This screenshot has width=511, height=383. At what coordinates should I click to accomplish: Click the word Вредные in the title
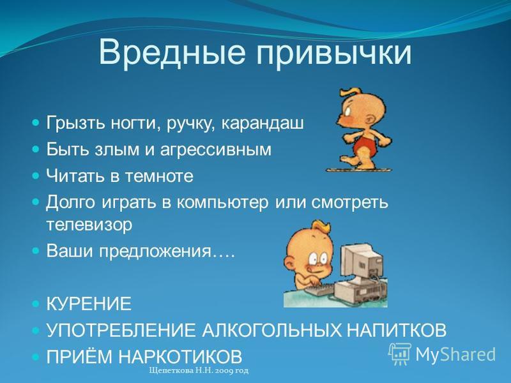[172, 52]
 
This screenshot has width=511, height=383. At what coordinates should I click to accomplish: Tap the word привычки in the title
[334, 53]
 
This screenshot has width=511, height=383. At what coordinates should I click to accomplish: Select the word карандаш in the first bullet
[263, 124]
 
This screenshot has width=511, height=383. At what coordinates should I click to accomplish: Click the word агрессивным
[216, 150]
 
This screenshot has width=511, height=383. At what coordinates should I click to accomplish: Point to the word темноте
[159, 176]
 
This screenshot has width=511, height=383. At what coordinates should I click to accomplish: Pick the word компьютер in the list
[223, 202]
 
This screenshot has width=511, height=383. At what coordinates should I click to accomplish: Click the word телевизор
[89, 225]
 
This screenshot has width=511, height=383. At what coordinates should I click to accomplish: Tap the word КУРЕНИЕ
[89, 304]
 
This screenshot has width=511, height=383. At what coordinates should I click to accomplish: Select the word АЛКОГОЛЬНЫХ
[272, 330]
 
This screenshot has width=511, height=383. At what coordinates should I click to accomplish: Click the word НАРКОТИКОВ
[180, 357]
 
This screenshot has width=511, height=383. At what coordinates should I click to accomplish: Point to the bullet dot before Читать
[36, 176]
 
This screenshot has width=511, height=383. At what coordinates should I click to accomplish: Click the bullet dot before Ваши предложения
[36, 251]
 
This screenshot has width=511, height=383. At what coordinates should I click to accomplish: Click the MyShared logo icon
[400, 354]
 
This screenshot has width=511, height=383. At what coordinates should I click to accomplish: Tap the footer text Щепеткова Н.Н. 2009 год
[199, 371]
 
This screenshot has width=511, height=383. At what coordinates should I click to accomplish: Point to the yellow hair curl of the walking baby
[349, 92]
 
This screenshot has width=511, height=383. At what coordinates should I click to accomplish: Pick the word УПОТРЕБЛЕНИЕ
[121, 330]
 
